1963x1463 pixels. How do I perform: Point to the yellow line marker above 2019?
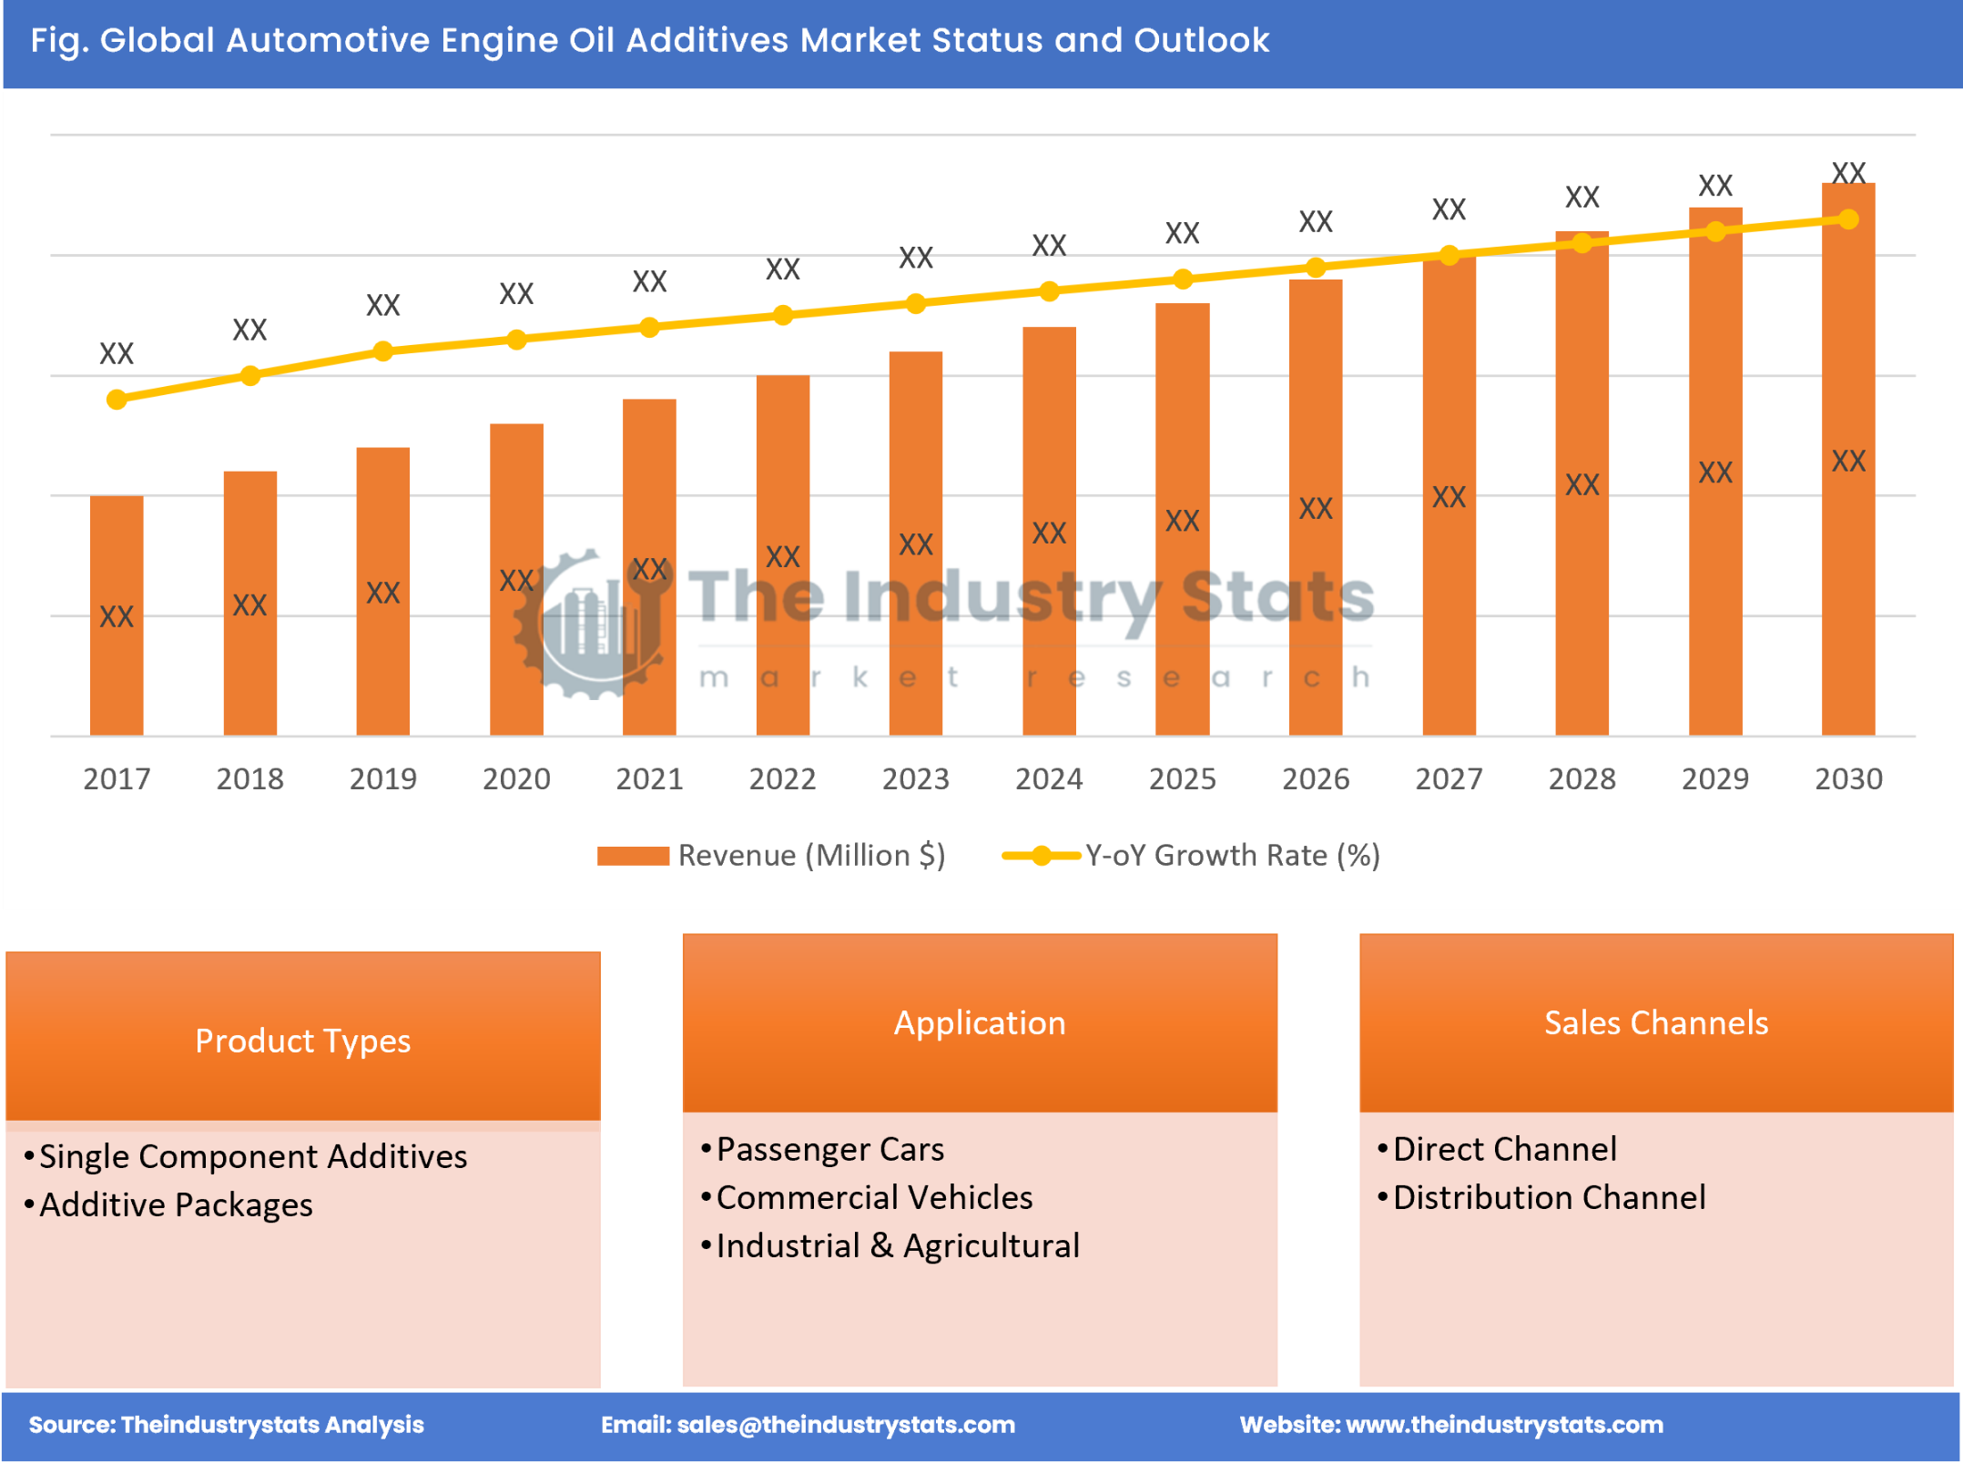383,351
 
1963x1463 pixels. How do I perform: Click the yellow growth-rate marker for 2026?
1315,268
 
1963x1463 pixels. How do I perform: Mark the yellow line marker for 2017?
117,400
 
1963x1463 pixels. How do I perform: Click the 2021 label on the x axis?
649,779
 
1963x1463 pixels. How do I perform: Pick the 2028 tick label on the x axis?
1582,779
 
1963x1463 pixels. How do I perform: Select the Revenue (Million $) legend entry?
772,856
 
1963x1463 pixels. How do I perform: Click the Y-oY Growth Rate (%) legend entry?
1193,856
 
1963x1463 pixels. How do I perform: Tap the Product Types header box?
302,1040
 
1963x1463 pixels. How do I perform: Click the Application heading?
980,1022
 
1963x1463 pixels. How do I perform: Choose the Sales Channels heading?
1656,1022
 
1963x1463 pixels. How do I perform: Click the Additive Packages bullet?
176,1204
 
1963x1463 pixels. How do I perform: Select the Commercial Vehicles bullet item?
874,1197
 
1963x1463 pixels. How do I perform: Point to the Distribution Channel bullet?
1549,1197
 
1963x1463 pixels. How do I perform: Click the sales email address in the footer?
845,1425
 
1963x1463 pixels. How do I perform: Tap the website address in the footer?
1504,1425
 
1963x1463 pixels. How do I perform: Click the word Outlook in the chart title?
1201,40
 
